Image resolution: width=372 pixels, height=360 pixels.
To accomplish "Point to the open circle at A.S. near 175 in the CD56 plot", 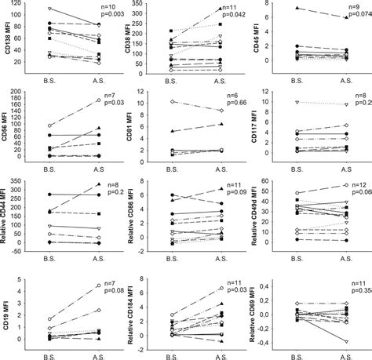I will click(98, 100).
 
